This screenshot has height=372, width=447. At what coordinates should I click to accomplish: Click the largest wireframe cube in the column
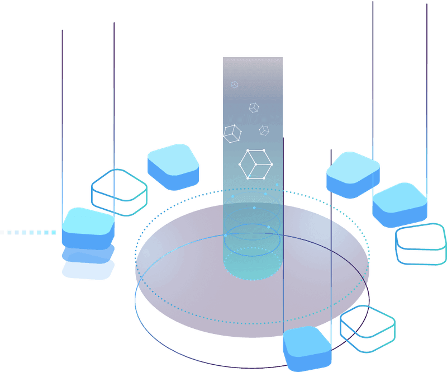coord(255,164)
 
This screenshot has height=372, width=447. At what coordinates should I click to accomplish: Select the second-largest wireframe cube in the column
coord(231,134)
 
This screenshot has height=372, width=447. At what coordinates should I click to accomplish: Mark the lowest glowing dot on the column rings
coord(268,227)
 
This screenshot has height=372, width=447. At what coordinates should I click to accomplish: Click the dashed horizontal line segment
coord(28,232)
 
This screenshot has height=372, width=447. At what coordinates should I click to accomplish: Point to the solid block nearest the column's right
coord(353,174)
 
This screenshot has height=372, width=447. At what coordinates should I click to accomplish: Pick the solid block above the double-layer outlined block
coord(400,204)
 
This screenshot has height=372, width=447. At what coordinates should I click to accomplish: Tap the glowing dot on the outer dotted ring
coord(277,184)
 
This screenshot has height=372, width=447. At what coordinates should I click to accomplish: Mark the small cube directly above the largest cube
coord(264,130)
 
